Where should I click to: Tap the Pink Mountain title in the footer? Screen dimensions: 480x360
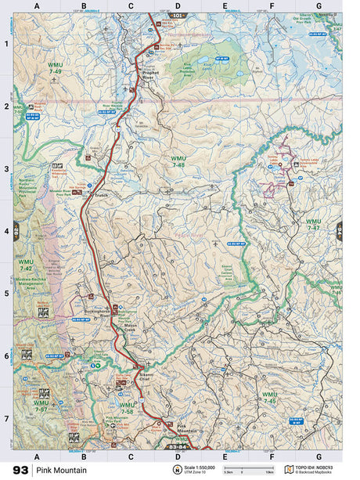tap(59, 470)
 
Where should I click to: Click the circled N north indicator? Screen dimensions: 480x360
tap(176, 470)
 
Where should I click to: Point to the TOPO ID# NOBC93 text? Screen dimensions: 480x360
tap(319, 467)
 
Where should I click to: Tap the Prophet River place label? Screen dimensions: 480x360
tap(150, 77)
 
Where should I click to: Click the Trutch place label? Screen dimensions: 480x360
tap(100, 195)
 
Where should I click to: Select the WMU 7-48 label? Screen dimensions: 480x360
tap(178, 161)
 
